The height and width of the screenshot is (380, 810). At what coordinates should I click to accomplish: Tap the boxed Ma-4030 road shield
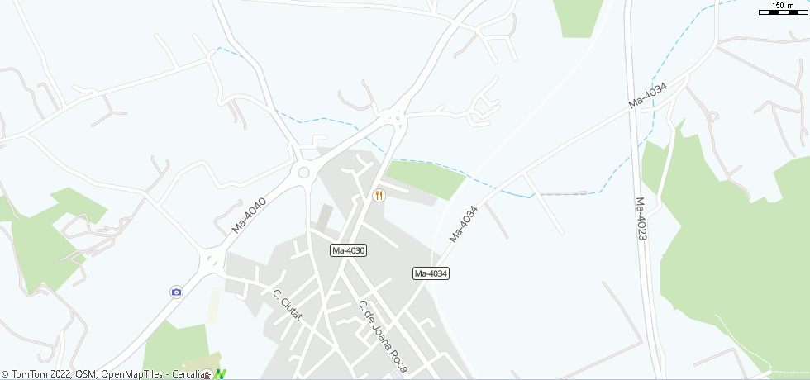coord(348,250)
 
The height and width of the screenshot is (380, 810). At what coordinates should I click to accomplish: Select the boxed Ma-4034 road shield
coord(431,273)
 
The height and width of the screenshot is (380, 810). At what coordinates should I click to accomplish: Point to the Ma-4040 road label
coord(249,214)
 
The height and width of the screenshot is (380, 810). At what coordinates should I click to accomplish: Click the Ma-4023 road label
coord(641,218)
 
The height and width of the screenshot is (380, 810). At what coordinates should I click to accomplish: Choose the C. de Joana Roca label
coord(384,335)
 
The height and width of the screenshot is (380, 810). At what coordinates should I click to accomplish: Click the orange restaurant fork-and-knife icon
coord(379,195)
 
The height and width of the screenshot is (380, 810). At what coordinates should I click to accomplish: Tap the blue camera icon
coord(176,292)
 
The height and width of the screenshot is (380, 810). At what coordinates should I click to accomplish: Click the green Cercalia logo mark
coord(219,374)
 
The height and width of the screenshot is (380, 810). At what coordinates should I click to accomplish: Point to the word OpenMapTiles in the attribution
coord(133,374)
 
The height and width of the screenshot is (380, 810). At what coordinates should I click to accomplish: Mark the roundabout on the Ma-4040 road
coord(303,172)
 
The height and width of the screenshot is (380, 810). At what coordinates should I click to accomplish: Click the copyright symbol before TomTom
coord(5,374)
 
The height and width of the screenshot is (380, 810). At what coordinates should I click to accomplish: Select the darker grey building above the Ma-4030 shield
coord(325,217)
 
